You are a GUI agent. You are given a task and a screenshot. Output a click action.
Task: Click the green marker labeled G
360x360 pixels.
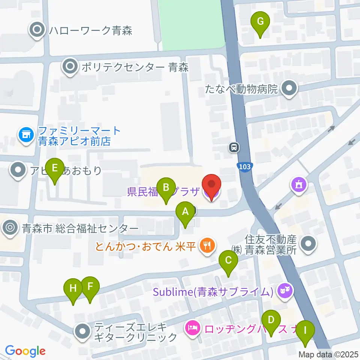coord(260,22)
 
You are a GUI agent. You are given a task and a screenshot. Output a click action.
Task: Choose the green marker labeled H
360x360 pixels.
coord(73,289)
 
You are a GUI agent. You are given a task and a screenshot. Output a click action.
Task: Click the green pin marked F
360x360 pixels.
coord(90,287)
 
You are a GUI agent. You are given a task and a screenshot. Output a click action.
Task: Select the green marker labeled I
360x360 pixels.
coord(305,331)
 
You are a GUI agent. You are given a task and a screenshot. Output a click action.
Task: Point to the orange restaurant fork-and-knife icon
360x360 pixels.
coord(207,246)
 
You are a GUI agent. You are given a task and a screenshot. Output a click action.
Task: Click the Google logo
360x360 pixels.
coord(25,351)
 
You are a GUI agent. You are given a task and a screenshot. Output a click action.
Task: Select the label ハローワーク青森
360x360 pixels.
coord(90,30)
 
